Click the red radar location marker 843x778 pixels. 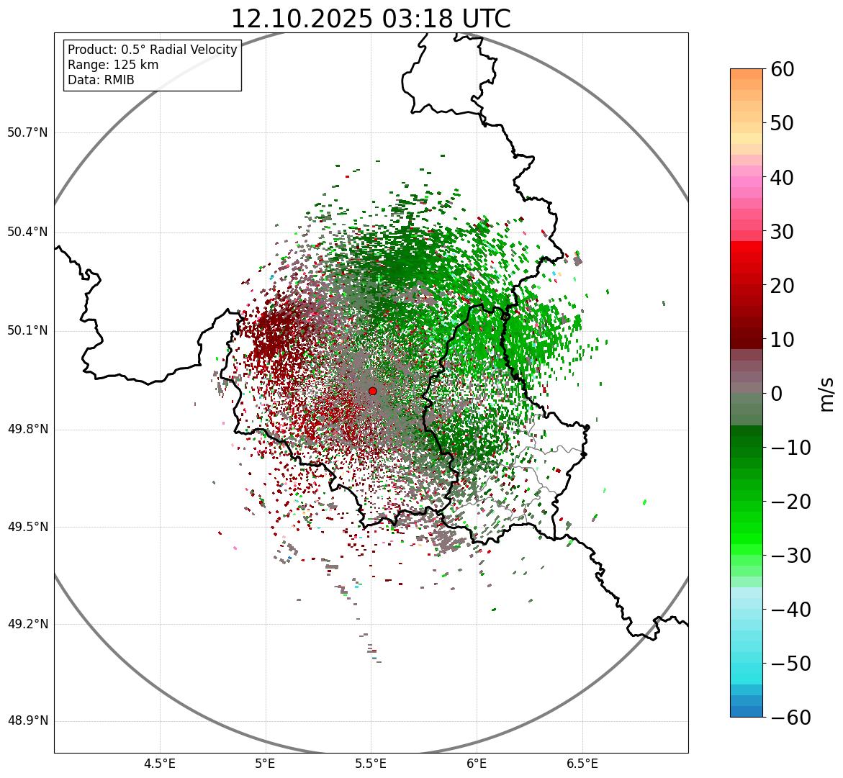point(372,391)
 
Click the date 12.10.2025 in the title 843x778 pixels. point(302,19)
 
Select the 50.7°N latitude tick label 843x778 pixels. point(27,133)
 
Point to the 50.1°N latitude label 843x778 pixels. point(27,331)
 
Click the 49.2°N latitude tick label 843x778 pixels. point(27,624)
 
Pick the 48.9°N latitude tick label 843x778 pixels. point(27,721)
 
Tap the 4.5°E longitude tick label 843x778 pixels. point(160,764)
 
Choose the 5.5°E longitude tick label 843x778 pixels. point(371,764)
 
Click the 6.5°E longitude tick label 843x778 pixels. point(582,764)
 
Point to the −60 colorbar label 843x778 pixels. point(789,718)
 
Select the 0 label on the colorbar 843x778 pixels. point(777,394)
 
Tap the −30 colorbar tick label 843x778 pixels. point(789,556)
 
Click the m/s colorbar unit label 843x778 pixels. point(826,394)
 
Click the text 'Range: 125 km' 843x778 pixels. point(113,65)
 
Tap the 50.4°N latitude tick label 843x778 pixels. point(27,232)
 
